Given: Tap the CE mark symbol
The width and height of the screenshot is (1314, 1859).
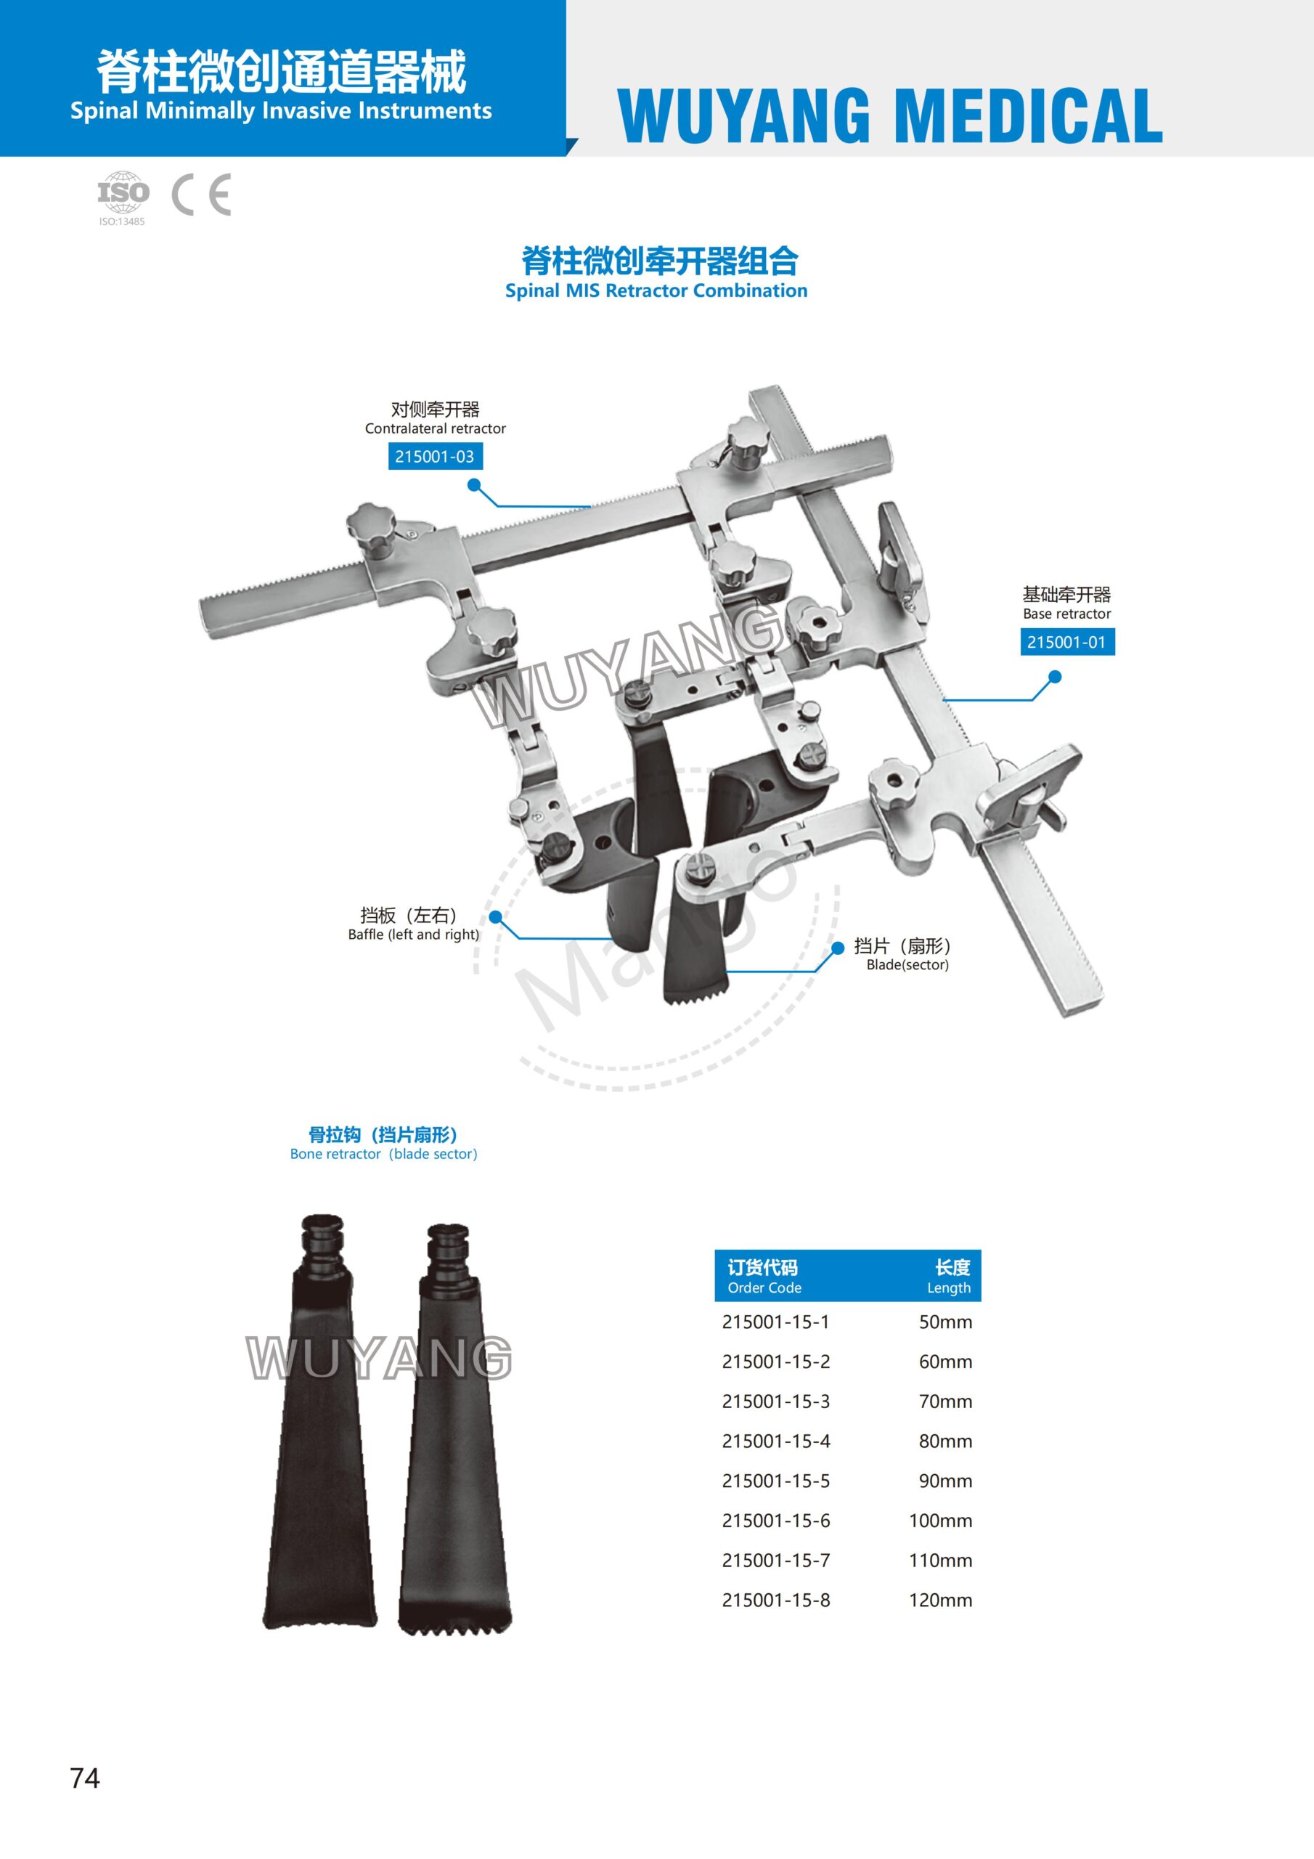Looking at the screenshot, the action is coord(202,195).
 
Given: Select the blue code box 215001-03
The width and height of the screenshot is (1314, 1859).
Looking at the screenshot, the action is coord(435,457).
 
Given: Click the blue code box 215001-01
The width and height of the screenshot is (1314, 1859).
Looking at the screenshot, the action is coord(1067,642).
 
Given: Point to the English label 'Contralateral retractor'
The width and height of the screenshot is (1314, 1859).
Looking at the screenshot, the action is coord(436,428).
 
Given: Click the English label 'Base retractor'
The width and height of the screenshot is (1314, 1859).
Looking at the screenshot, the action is coord(1067,614).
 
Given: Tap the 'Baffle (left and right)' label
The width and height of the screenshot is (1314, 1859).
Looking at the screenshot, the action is coord(414,935).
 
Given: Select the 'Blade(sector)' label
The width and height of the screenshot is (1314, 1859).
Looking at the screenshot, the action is coord(907,964).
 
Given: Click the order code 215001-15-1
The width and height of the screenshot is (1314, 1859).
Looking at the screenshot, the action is coord(775,1322).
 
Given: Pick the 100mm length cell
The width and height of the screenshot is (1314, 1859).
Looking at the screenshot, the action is coord(941,1521).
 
